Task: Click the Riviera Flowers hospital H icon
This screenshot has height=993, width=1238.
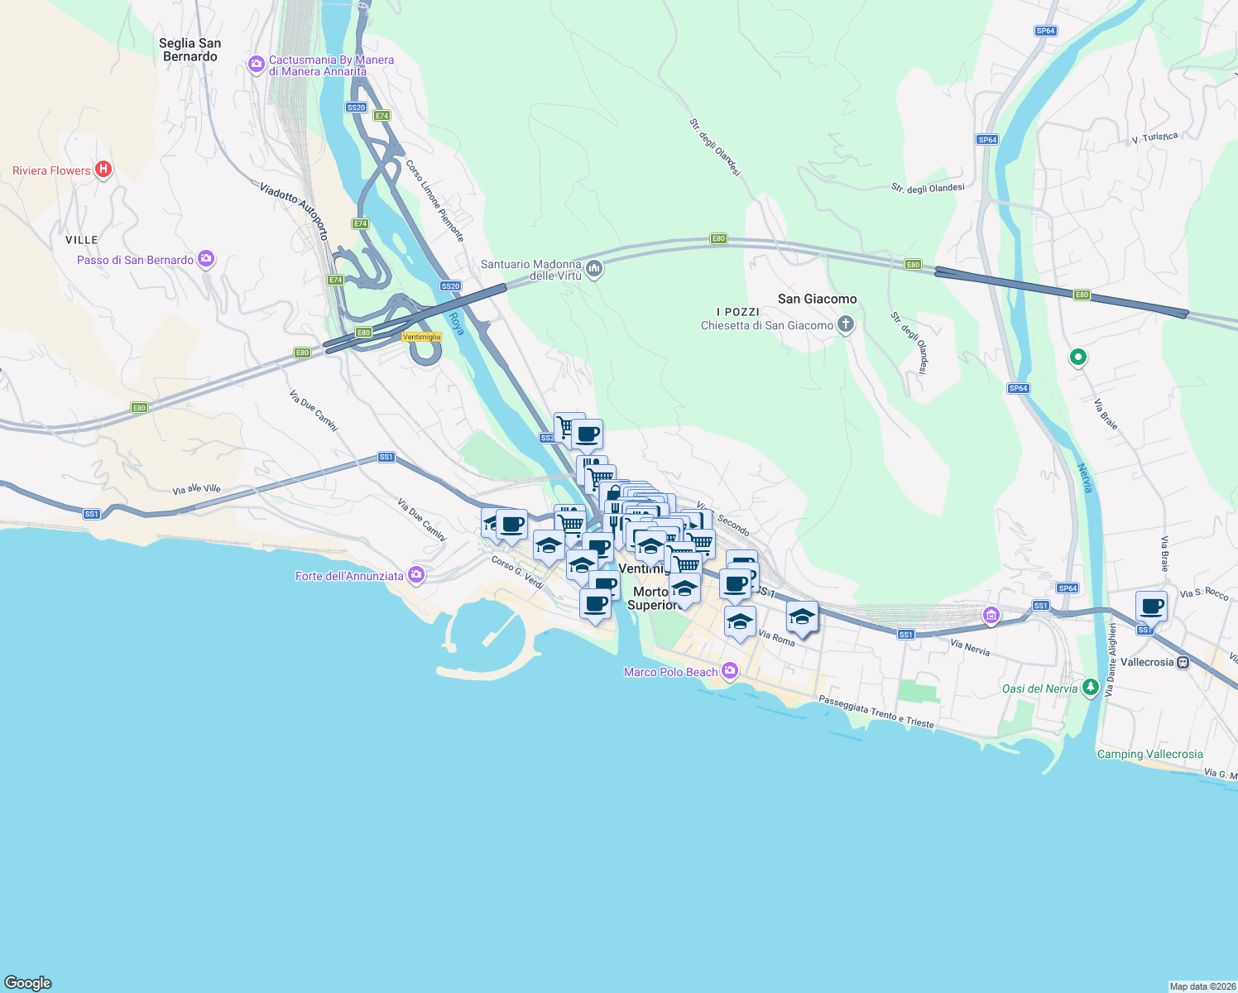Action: click(103, 170)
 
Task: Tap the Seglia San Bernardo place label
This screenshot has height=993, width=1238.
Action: click(190, 50)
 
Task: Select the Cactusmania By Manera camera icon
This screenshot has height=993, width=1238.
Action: click(257, 64)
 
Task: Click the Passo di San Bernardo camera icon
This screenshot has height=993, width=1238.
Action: click(206, 260)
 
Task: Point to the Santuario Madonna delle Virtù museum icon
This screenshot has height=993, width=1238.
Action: click(593, 268)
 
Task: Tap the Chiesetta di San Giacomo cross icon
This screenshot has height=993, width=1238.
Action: click(845, 324)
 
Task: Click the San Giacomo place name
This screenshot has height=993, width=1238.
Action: click(817, 299)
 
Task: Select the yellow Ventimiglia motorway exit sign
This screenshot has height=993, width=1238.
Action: click(421, 337)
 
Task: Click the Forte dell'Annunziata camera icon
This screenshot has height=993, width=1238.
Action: click(415, 575)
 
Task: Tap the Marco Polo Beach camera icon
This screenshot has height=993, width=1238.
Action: click(729, 671)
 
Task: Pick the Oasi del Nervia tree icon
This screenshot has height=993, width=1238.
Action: click(1090, 687)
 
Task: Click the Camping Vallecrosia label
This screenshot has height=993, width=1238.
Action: click(1149, 754)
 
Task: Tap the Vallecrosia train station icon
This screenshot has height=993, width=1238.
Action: click(1183, 662)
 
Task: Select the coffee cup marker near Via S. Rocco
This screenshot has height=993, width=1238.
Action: click(1151, 607)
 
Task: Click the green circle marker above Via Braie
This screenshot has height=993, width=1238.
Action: click(1077, 357)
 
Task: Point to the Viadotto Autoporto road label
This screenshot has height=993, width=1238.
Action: click(294, 212)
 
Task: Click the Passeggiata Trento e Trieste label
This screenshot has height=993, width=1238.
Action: click(876, 712)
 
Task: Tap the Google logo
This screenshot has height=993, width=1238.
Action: click(28, 982)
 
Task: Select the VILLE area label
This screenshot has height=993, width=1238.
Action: click(81, 240)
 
